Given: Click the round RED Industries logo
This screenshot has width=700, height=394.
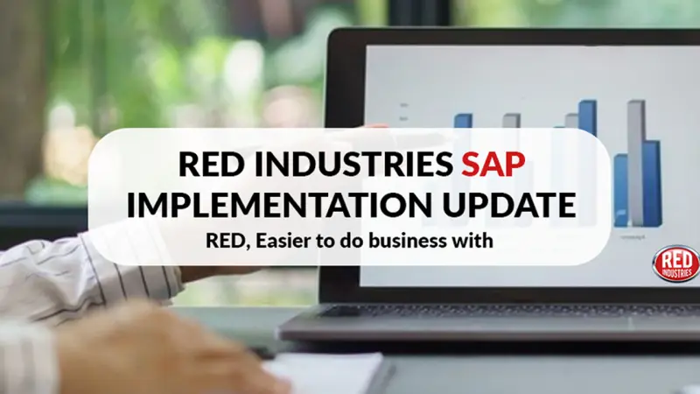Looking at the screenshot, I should coord(675,264).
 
